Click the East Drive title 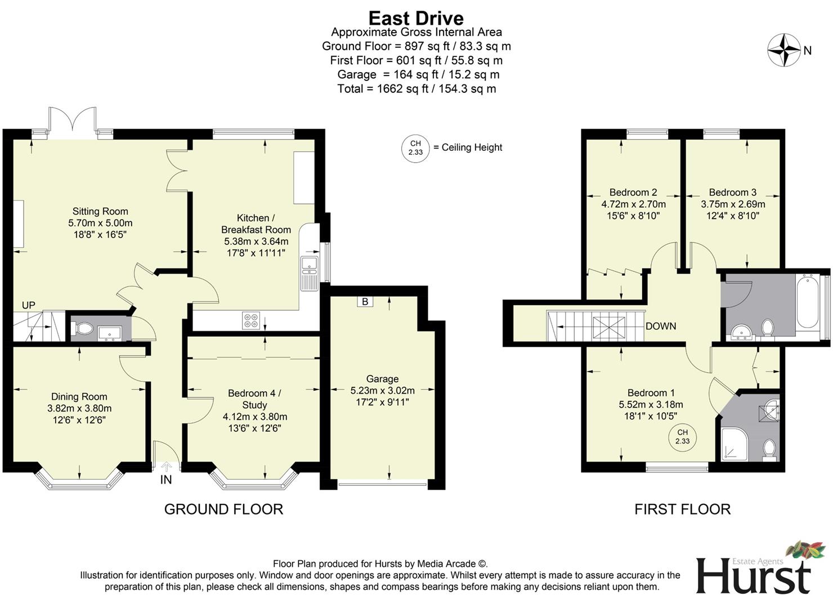pos(416,18)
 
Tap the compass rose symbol pos(783,50)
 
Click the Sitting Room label pos(100,211)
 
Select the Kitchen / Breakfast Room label pos(256,223)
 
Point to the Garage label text pos(382,379)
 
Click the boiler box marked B pos(365,302)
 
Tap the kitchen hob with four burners pos(250,320)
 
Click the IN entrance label pos(166,480)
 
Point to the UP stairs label pos(28,305)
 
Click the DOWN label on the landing pos(661,326)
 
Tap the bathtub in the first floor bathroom pos(808,301)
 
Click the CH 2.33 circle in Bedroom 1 pos(682,437)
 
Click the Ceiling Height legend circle pos(415,148)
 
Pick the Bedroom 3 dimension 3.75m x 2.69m pos(733,204)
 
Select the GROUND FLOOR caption pos(223,509)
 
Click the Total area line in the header pos(416,88)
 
